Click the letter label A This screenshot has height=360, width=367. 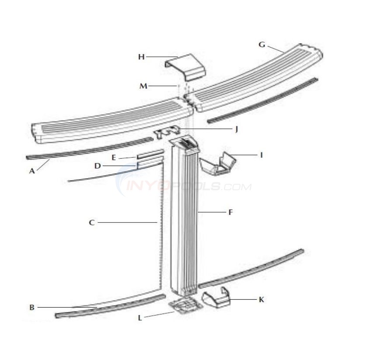pos(31,171)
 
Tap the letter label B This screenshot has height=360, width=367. pos(31,308)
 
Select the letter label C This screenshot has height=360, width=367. pos(91,223)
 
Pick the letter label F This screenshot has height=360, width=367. pos(230,212)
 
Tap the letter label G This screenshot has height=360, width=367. pos(262,44)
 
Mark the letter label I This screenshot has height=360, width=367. pos(261,155)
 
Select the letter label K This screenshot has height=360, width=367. pos(262,300)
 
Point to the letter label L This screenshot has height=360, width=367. pos(140,318)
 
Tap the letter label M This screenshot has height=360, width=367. pos(143,86)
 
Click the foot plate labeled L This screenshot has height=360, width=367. pos(184,306)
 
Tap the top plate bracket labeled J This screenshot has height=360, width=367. pos(168,132)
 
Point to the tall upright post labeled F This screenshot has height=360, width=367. pos(185,218)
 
